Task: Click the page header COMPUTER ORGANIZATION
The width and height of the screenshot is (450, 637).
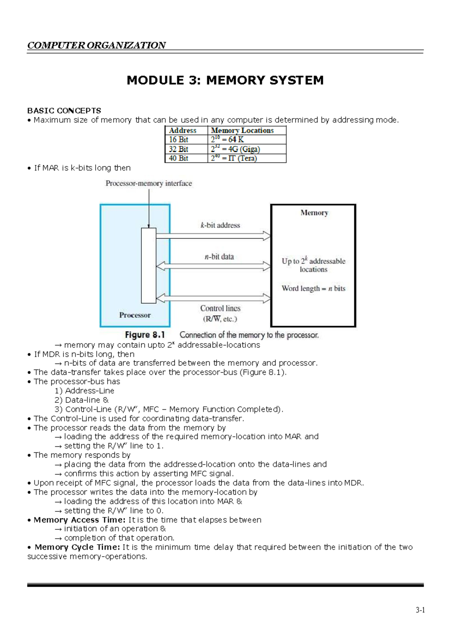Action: pos(96,45)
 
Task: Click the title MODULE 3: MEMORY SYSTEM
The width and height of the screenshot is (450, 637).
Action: pos(225,80)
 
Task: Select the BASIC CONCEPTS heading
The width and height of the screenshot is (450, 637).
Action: pos(64,111)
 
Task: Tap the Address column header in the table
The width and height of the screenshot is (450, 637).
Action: pos(183,131)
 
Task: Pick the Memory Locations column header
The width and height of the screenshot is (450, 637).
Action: pos(242,131)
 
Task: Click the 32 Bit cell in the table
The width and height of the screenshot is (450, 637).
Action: pos(178,149)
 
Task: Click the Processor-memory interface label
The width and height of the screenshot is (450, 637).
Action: pos(148,183)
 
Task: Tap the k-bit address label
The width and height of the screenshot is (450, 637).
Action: pos(220,225)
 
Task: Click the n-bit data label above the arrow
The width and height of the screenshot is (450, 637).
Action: pos(219,257)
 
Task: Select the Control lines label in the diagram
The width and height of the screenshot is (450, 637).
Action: pos(220,308)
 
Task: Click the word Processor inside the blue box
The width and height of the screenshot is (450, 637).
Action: pos(135,315)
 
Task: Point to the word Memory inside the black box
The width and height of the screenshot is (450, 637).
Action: pos(314,213)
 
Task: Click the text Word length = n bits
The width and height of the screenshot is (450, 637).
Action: pos(313,288)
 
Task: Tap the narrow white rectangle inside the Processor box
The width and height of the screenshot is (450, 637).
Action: pos(148,265)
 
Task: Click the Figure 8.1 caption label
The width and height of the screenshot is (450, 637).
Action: pos(145,335)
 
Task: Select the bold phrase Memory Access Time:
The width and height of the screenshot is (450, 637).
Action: pos(79,520)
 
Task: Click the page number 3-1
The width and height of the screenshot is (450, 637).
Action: pos(420,610)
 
